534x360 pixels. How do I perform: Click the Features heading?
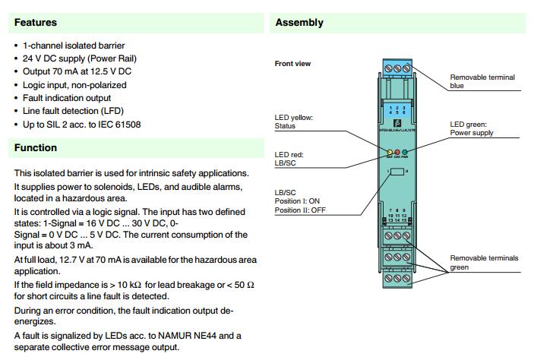click(x=35, y=23)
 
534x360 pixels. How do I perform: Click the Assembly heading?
click(x=299, y=23)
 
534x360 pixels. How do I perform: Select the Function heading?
click(x=35, y=147)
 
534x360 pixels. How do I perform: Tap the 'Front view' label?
click(x=292, y=64)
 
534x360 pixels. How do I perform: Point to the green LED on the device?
click(x=406, y=153)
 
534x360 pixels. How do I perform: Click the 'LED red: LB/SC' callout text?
click(x=290, y=158)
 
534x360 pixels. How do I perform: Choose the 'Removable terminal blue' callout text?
click(x=482, y=81)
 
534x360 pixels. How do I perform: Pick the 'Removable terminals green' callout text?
click(x=484, y=263)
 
